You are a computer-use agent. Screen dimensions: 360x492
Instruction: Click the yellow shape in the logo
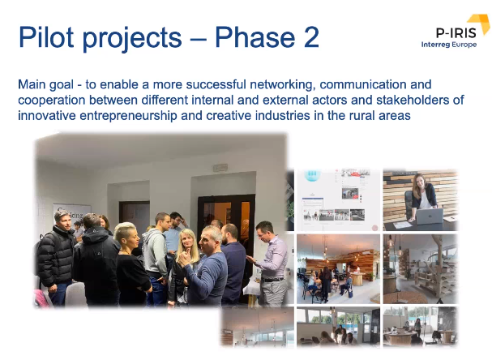click(x=480, y=24)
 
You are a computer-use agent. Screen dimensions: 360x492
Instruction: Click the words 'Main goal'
click(x=44, y=84)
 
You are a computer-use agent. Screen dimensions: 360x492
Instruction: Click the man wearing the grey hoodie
click(x=156, y=251)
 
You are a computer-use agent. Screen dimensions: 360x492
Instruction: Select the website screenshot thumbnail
click(x=336, y=199)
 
